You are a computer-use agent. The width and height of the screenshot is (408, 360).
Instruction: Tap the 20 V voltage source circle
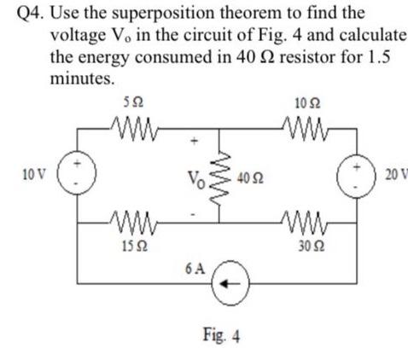357,174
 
